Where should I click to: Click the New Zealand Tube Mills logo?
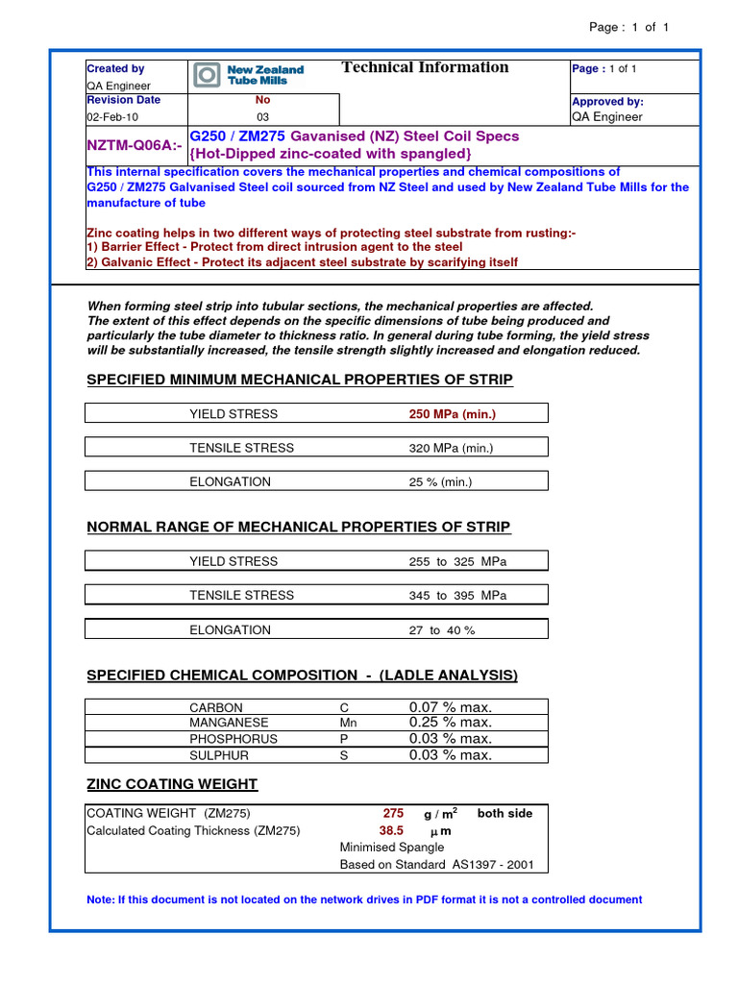coord(249,75)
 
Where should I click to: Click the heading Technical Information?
coord(425,67)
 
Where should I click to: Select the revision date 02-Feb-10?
coord(112,117)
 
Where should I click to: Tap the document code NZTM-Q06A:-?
coord(134,145)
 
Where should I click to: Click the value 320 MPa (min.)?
coord(451,448)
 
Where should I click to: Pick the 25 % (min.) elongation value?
coord(440,481)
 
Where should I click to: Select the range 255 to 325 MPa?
coord(457,561)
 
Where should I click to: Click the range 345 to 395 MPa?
coord(457,595)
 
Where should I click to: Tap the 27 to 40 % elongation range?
coord(442,630)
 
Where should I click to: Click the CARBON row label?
coord(216,708)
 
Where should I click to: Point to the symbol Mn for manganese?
coord(348,723)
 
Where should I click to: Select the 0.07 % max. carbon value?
coord(450,707)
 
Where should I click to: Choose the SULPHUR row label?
coord(220,755)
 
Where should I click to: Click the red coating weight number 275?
coord(393,813)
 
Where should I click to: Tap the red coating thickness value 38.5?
coord(391,830)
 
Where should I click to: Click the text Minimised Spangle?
coord(392,848)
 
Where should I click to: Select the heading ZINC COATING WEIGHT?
coord(172,784)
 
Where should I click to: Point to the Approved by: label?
coord(607,102)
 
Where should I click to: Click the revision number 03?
coord(262,117)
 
